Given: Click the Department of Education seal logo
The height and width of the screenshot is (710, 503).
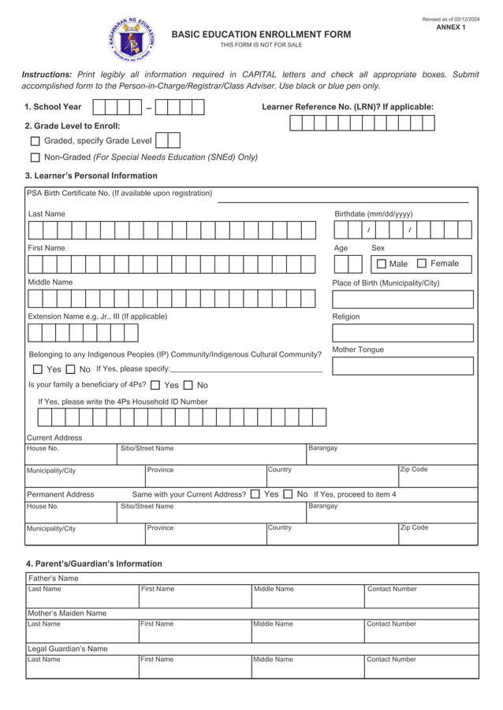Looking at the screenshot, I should click(130, 39).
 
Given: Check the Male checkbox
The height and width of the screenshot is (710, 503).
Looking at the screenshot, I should click(382, 264).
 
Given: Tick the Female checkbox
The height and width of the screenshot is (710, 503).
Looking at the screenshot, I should click(421, 264).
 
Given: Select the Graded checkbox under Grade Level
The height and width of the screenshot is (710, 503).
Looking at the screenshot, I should click(35, 141).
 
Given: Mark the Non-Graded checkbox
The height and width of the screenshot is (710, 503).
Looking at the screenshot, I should click(35, 157).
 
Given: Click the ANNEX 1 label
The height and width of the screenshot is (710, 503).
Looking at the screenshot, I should click(451, 28).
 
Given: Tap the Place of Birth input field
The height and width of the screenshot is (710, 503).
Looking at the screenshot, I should click(403, 299).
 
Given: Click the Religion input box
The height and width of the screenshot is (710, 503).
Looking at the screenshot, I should click(403, 333).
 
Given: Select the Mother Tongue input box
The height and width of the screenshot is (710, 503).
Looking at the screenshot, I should click(403, 366).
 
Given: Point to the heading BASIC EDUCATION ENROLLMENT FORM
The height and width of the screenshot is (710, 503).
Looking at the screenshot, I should click(261, 35).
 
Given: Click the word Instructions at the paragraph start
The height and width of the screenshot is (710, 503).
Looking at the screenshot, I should click(47, 74).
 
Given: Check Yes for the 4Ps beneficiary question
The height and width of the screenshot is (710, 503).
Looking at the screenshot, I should click(155, 386).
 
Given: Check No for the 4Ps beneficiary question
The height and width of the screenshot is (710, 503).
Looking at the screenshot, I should click(188, 386).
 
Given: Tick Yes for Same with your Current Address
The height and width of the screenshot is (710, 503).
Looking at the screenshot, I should click(255, 494).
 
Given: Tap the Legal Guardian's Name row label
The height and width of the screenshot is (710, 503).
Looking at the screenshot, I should click(67, 649).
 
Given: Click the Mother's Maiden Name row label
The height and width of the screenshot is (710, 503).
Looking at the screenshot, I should click(67, 613).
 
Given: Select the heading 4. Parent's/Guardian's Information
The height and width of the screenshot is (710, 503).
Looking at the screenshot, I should click(94, 564).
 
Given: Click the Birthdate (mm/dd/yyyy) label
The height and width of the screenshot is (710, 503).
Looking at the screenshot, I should click(373, 214).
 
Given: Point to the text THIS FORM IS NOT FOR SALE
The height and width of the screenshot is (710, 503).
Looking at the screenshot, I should click(261, 45).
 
